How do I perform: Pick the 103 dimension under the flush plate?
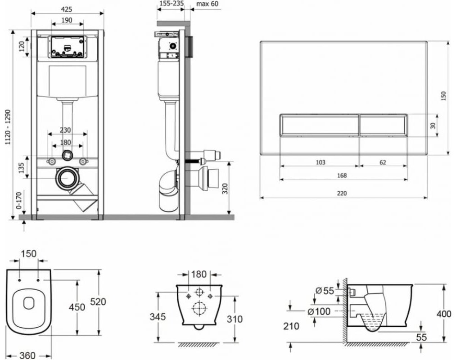(320, 162)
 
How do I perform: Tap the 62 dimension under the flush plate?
(382, 162)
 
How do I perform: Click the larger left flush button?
(319, 124)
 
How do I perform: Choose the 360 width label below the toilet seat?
(27, 355)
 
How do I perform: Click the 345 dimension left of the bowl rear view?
(158, 317)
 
